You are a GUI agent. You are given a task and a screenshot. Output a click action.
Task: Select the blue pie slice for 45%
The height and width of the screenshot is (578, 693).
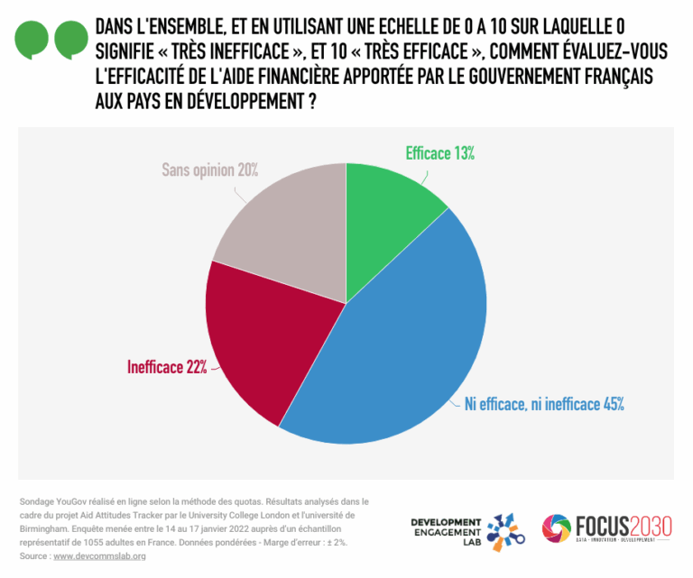tap(397, 352)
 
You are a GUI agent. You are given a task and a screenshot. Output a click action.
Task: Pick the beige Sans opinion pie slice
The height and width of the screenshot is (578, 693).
tap(280, 234)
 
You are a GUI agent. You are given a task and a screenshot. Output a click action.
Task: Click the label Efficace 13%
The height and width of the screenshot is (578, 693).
tap(439, 153)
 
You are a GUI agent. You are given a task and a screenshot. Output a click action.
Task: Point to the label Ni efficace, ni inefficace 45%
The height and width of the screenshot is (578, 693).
tap(544, 404)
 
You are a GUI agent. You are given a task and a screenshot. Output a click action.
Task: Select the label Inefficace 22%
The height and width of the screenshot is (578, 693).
tap(167, 366)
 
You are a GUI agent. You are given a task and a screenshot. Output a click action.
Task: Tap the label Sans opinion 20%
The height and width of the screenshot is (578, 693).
tap(210, 169)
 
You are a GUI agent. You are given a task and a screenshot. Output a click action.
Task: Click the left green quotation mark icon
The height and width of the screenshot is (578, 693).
tap(32, 40)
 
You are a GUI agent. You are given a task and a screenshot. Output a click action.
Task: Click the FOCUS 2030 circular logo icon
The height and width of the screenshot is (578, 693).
tap(556, 530)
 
